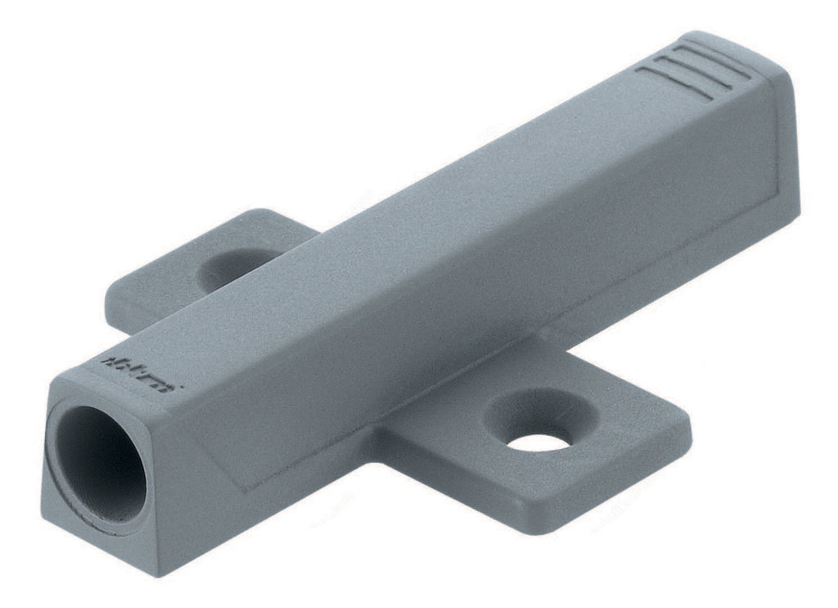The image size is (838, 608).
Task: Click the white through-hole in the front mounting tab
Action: (x=541, y=441)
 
